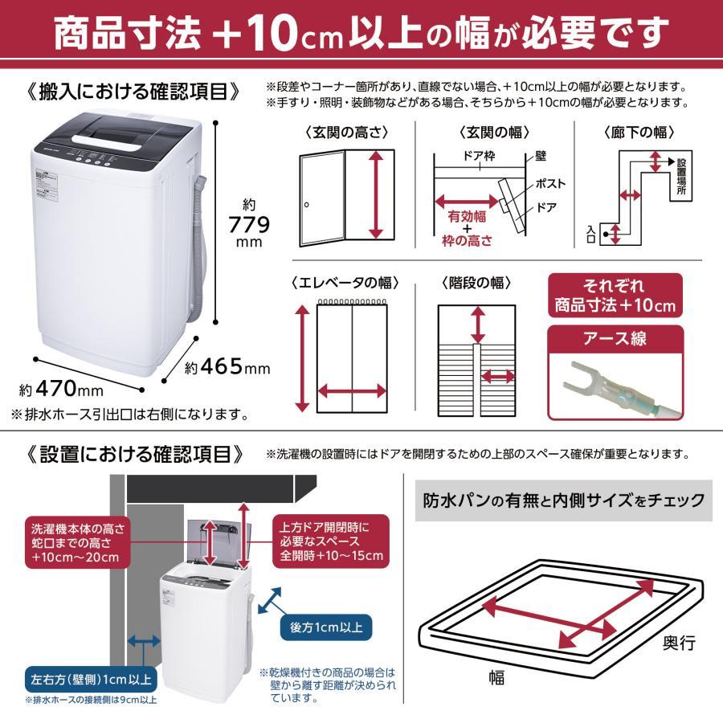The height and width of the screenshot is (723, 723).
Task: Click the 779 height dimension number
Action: click(249, 223)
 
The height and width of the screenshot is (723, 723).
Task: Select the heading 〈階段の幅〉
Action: click(476, 283)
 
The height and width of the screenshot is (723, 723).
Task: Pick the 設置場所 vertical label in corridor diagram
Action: click(681, 182)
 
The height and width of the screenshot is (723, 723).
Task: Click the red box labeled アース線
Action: click(615, 338)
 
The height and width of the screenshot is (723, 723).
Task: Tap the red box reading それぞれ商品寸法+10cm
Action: click(615, 296)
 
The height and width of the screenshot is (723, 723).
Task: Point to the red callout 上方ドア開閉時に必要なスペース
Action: click(331, 542)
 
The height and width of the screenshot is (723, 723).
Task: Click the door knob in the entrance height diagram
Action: click(306, 206)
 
